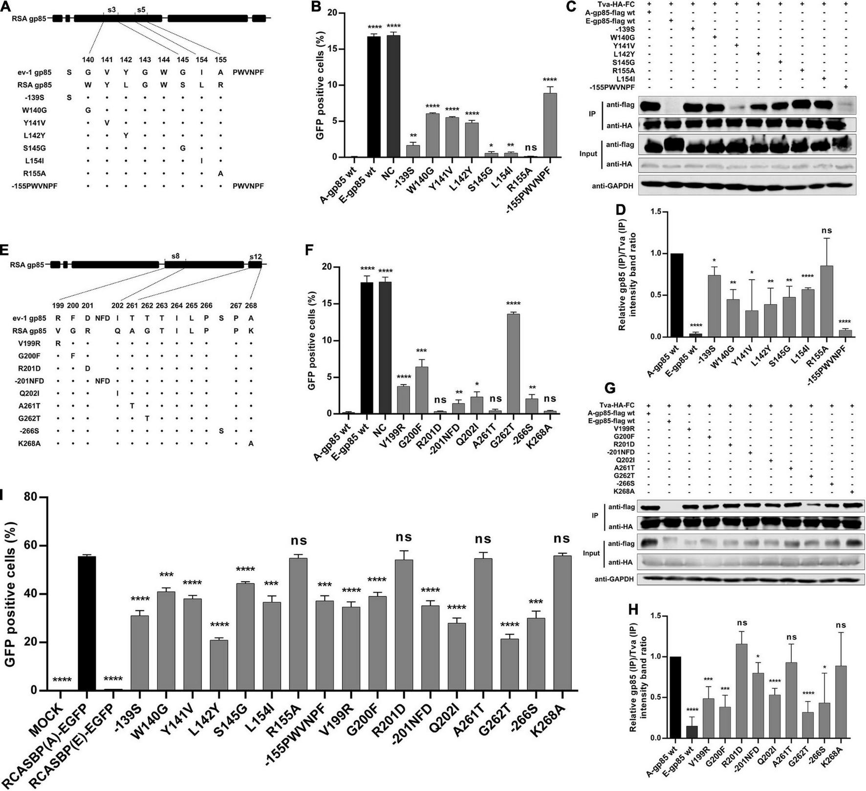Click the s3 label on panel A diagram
tap(111, 9)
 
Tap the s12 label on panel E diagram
tap(255, 256)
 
